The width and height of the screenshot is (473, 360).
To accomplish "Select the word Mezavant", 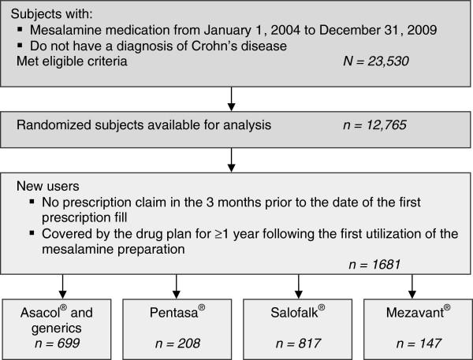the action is pos(411,312).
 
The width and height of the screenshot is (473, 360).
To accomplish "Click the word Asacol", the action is pos(40,312).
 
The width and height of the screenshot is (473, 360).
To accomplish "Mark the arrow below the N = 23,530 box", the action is pos(231,98).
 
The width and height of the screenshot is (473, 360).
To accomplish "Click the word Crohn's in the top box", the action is pos(206,46).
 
